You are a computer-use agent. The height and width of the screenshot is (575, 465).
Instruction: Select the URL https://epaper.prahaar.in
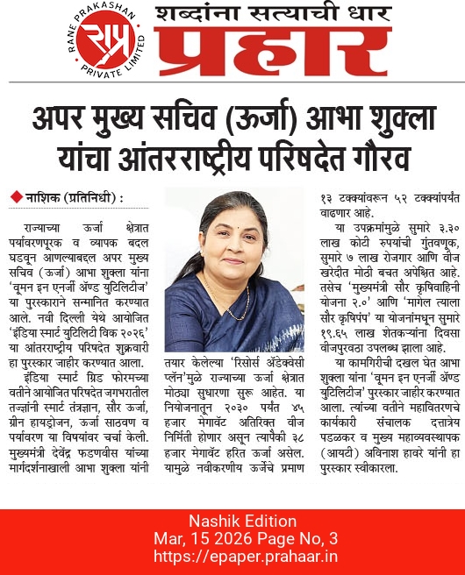click(232, 557)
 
